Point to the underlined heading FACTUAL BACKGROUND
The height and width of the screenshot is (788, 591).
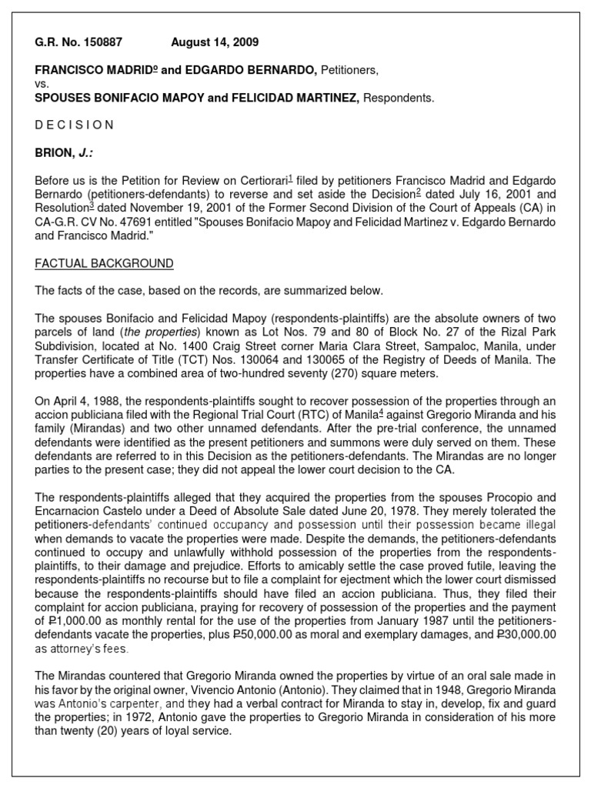(x=104, y=264)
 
